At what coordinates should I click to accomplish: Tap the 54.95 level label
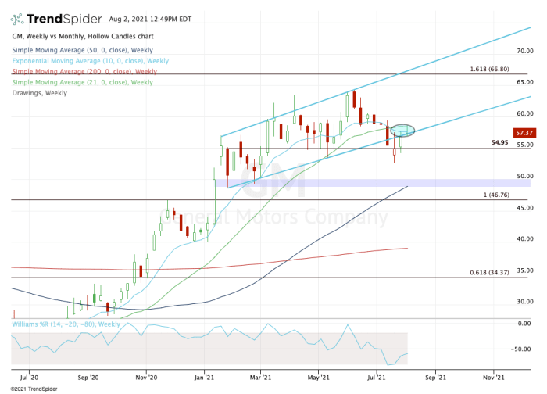[x=500, y=143]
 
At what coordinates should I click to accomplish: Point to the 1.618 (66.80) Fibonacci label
[x=490, y=69]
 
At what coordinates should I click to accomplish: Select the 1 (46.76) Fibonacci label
[x=497, y=195]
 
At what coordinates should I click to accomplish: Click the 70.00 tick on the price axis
[x=525, y=51]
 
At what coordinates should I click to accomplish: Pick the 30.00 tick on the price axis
[x=525, y=302]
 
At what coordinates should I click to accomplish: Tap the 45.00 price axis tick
[x=525, y=208]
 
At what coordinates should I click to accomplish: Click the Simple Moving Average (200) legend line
[x=83, y=71]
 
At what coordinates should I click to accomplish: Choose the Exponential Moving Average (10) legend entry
[x=91, y=60]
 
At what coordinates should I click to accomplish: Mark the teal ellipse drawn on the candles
[x=402, y=129]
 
